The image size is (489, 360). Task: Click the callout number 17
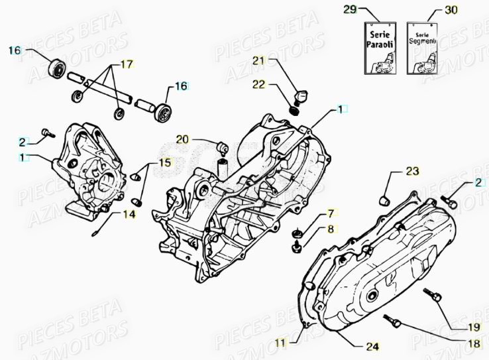click(x=125, y=64)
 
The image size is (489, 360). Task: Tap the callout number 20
click(x=182, y=139)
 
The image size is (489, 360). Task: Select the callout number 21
click(x=258, y=61)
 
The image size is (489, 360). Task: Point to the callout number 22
click(x=258, y=84)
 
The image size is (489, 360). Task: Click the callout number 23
click(x=412, y=172)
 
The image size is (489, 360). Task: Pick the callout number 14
click(x=129, y=214)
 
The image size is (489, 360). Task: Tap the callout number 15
click(x=164, y=162)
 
